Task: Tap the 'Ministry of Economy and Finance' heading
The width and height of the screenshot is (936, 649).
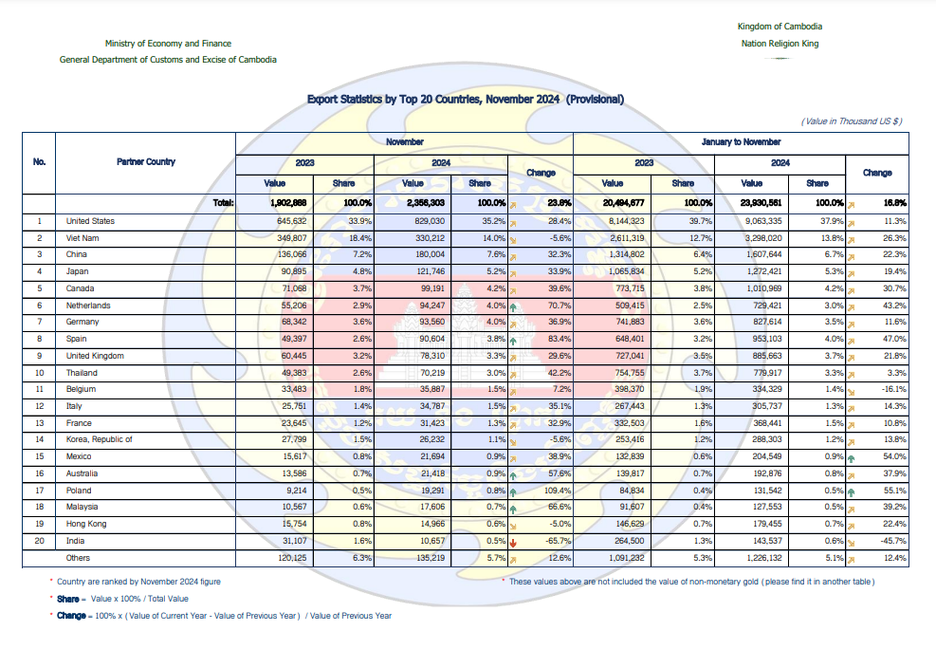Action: coord(168,44)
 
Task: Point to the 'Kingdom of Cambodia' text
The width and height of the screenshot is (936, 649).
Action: coord(780,27)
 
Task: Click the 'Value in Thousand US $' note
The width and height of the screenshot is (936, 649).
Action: coord(852,121)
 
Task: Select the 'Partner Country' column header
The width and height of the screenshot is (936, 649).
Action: coord(146,162)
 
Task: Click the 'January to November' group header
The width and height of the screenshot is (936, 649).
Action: coord(741,142)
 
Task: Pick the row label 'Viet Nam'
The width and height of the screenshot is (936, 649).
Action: coord(83,238)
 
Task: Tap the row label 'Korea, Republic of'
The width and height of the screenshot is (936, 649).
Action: coord(99,439)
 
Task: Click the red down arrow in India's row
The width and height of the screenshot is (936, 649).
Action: coord(513,543)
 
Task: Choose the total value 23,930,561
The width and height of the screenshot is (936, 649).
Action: coord(762,203)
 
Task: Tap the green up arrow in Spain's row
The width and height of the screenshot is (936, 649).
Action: coord(513,341)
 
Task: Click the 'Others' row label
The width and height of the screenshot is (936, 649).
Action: coord(78,558)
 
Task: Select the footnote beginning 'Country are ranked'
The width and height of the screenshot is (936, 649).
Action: coord(138,582)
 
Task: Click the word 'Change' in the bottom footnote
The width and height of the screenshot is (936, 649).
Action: coord(71,616)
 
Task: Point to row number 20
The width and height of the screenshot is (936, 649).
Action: coord(40,541)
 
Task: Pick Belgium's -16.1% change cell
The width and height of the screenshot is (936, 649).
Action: coord(893,389)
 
